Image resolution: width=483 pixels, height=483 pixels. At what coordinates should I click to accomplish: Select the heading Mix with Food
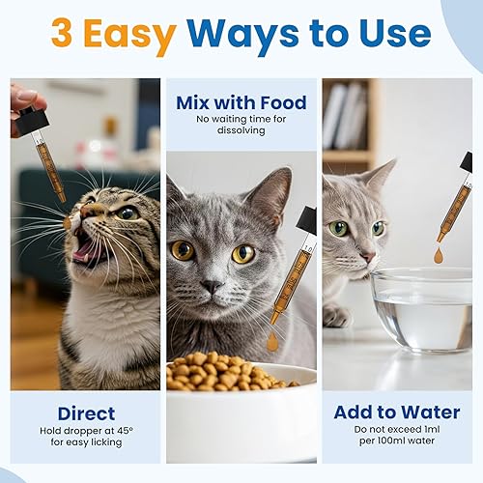(x=241, y=101)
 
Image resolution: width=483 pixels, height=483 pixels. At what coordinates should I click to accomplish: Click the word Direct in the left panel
(x=86, y=413)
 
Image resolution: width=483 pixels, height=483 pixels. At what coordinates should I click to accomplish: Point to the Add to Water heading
(x=396, y=412)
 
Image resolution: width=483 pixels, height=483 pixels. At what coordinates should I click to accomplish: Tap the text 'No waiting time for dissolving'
(x=241, y=125)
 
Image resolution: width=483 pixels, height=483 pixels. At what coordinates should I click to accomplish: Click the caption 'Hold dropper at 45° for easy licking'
(x=86, y=436)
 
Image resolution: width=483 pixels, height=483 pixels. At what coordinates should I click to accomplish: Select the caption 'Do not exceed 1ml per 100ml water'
(x=396, y=436)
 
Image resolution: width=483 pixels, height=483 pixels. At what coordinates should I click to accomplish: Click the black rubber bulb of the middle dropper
(x=307, y=221)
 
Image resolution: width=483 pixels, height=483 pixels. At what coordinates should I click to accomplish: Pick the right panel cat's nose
(x=368, y=258)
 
